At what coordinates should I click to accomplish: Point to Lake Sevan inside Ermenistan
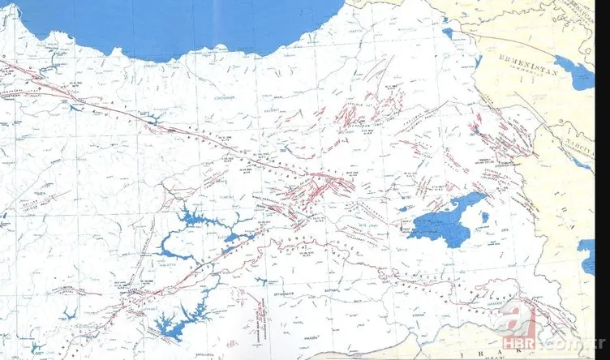[577, 75]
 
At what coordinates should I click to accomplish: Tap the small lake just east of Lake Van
[484, 216]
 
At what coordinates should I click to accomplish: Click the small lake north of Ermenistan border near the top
[448, 34]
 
